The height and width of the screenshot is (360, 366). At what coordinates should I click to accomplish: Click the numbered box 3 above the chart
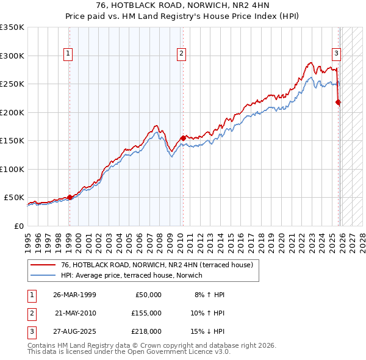(336, 54)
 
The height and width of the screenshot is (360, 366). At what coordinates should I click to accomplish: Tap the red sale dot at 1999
(70, 197)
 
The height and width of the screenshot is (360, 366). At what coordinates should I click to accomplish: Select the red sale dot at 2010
(183, 138)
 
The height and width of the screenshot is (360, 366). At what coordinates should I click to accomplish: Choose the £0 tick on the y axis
(19, 226)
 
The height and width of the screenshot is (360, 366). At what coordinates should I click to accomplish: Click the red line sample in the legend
(43, 265)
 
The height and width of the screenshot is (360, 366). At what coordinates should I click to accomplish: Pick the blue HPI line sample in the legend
(43, 275)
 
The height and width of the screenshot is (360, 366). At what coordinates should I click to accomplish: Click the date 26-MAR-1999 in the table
(74, 295)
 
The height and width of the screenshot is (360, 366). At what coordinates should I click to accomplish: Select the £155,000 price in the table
(146, 313)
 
